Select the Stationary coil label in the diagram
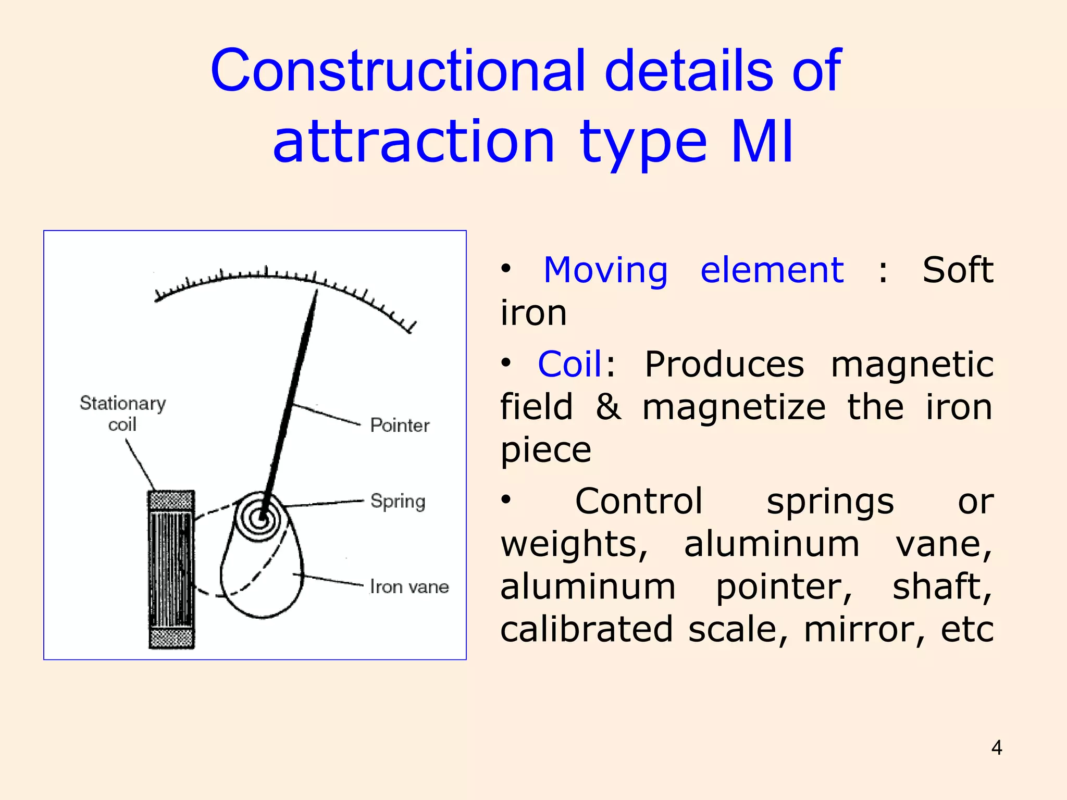point(122,414)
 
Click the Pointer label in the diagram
point(400,426)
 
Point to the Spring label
point(398,501)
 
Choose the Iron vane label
point(410,587)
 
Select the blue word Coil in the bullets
point(569,364)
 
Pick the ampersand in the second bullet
point(608,407)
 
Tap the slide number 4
point(996,748)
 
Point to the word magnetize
point(734,407)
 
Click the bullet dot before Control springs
point(506,499)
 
